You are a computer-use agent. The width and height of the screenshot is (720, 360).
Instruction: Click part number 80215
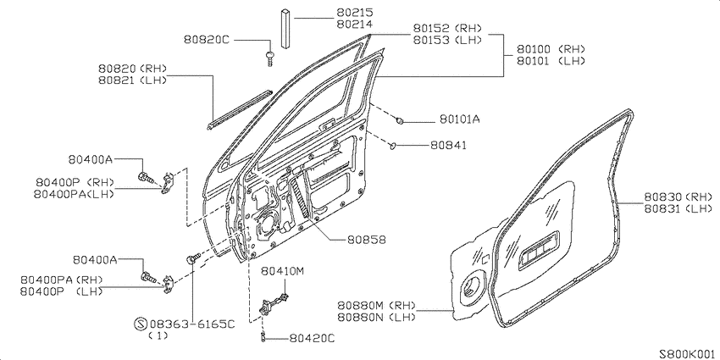coord(354,13)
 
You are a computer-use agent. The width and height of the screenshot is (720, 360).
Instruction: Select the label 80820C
coord(206,40)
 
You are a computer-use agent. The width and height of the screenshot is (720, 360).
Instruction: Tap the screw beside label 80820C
coord(269,58)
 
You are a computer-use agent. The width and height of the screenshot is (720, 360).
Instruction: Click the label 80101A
coord(460,119)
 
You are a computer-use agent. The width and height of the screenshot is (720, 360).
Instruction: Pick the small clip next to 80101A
coord(401,120)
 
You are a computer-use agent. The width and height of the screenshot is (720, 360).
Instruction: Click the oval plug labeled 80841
coord(393,146)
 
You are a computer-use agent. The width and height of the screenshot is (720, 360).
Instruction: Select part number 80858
coord(366,240)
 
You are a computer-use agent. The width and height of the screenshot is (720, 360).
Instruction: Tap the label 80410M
coord(283,271)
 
